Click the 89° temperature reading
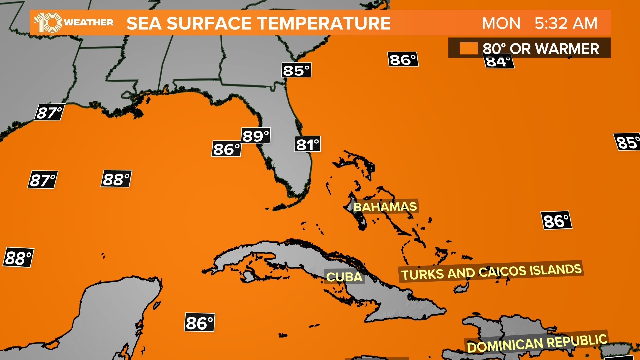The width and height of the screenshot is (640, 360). coord(256,136)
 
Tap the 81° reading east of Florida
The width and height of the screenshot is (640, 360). coord(308,144)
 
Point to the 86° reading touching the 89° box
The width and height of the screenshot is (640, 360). coord(226,149)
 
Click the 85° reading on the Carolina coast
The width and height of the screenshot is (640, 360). coord(296,70)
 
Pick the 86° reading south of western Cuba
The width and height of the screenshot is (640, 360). coord(200,323)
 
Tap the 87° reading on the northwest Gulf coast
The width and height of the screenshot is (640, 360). coord(49,112)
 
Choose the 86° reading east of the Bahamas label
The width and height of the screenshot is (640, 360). coord(556,221)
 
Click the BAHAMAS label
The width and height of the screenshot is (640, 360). coord(385,207)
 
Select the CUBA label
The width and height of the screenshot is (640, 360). coord(344,277)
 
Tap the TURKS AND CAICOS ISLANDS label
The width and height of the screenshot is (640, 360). coord(491,272)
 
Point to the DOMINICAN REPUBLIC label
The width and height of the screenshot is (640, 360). coord(537,343)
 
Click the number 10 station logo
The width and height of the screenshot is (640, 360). coord(48,23)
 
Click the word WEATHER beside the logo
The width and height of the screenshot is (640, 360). coord(89,23)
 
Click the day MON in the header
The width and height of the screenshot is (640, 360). coord(501,23)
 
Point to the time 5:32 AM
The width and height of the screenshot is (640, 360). coord(566,23)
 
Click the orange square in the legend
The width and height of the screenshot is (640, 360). coord(468,48)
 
